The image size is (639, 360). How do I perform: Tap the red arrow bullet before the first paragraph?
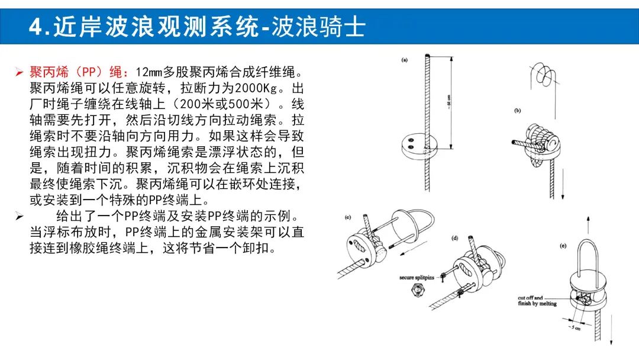tap(19, 73)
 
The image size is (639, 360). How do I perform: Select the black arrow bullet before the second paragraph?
tap(19, 216)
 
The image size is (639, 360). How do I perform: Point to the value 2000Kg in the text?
tap(256, 88)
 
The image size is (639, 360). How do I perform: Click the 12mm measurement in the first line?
tap(149, 72)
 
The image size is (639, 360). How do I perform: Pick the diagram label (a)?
tap(404, 60)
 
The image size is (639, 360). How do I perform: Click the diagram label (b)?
tap(518, 111)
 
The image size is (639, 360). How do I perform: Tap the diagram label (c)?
tap(348, 217)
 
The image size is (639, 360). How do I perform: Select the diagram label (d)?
tap(455, 238)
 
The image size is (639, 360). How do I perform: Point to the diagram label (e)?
tap(563, 246)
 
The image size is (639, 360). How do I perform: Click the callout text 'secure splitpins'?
tap(417, 278)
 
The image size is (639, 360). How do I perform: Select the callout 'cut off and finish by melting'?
tap(537, 301)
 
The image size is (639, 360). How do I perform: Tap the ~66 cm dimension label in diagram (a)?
tap(448, 101)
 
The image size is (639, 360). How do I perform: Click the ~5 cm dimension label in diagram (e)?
tap(575, 327)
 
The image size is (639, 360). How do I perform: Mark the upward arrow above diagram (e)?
tap(588, 225)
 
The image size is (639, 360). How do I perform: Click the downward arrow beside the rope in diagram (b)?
tap(563, 183)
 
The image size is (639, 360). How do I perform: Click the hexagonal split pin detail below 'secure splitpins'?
tap(417, 291)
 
